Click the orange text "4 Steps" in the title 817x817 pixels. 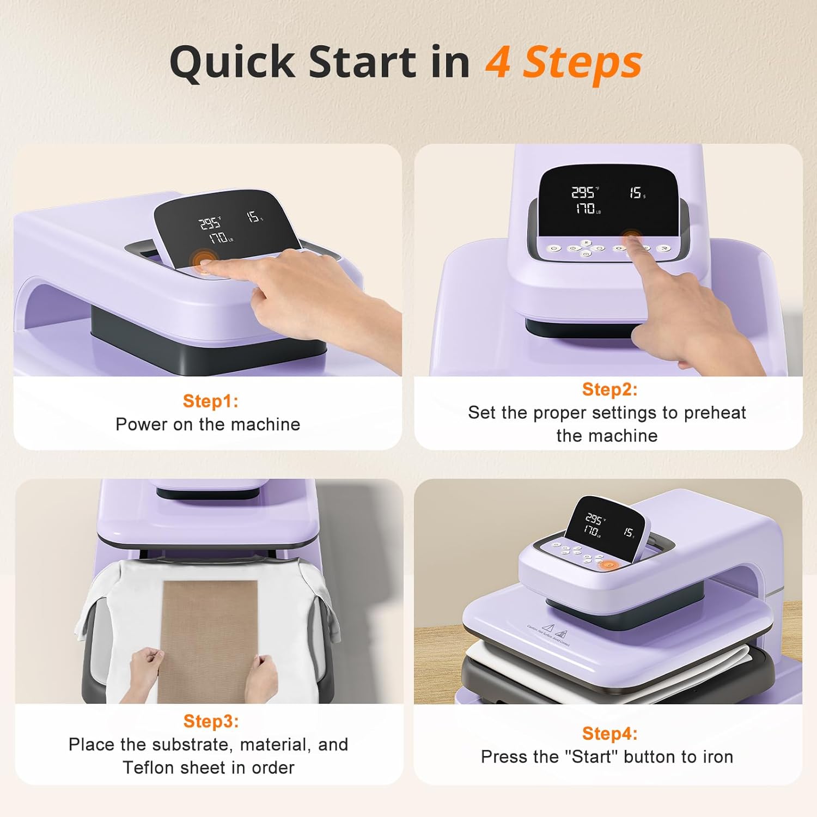click(x=563, y=63)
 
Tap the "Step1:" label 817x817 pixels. click(x=210, y=401)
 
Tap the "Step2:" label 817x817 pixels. click(x=609, y=389)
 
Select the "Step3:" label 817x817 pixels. click(x=211, y=721)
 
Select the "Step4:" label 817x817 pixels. click(x=609, y=733)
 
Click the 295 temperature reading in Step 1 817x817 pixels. click(x=209, y=223)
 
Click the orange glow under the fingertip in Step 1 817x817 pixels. click(x=203, y=260)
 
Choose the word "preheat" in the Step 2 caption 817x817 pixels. click(x=714, y=412)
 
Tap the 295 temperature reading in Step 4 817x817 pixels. click(x=594, y=518)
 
